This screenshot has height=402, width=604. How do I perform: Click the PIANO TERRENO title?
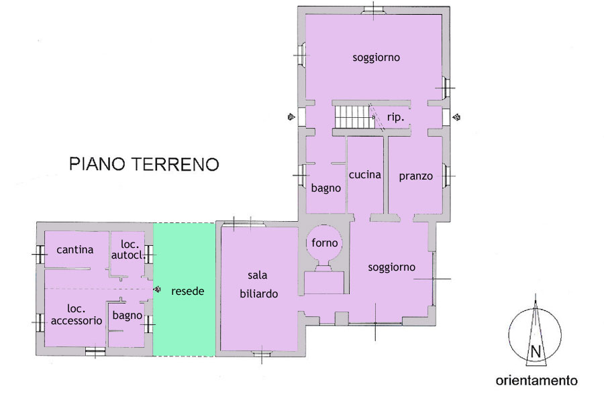(x=144, y=164)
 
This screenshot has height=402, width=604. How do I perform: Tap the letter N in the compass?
(x=536, y=352)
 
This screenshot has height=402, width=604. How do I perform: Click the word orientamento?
(x=537, y=381)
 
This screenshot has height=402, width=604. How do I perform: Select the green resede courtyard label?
(x=188, y=291)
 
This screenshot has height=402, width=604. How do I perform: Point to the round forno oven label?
(x=324, y=243)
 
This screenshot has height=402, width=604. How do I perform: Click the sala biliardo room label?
(x=258, y=284)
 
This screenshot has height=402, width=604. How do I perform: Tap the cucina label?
(x=365, y=175)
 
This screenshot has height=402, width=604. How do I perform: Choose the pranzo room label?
(x=415, y=176)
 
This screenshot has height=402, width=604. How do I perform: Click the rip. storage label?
(x=395, y=117)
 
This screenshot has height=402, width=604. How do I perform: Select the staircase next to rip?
(x=354, y=117)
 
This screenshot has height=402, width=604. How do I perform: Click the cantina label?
(x=74, y=250)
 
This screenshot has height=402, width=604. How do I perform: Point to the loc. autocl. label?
(x=129, y=249)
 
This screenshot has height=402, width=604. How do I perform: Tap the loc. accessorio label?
(x=77, y=314)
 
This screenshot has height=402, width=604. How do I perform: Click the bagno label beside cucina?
(x=326, y=188)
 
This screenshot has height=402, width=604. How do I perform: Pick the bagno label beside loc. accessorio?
(x=127, y=316)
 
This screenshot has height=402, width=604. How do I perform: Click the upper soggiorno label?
(x=376, y=58)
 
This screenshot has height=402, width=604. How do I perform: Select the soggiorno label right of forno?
(x=391, y=267)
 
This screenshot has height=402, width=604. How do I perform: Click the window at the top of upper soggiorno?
(x=374, y=11)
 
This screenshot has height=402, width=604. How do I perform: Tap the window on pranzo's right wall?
(x=446, y=176)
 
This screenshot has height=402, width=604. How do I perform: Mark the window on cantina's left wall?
(x=40, y=255)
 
